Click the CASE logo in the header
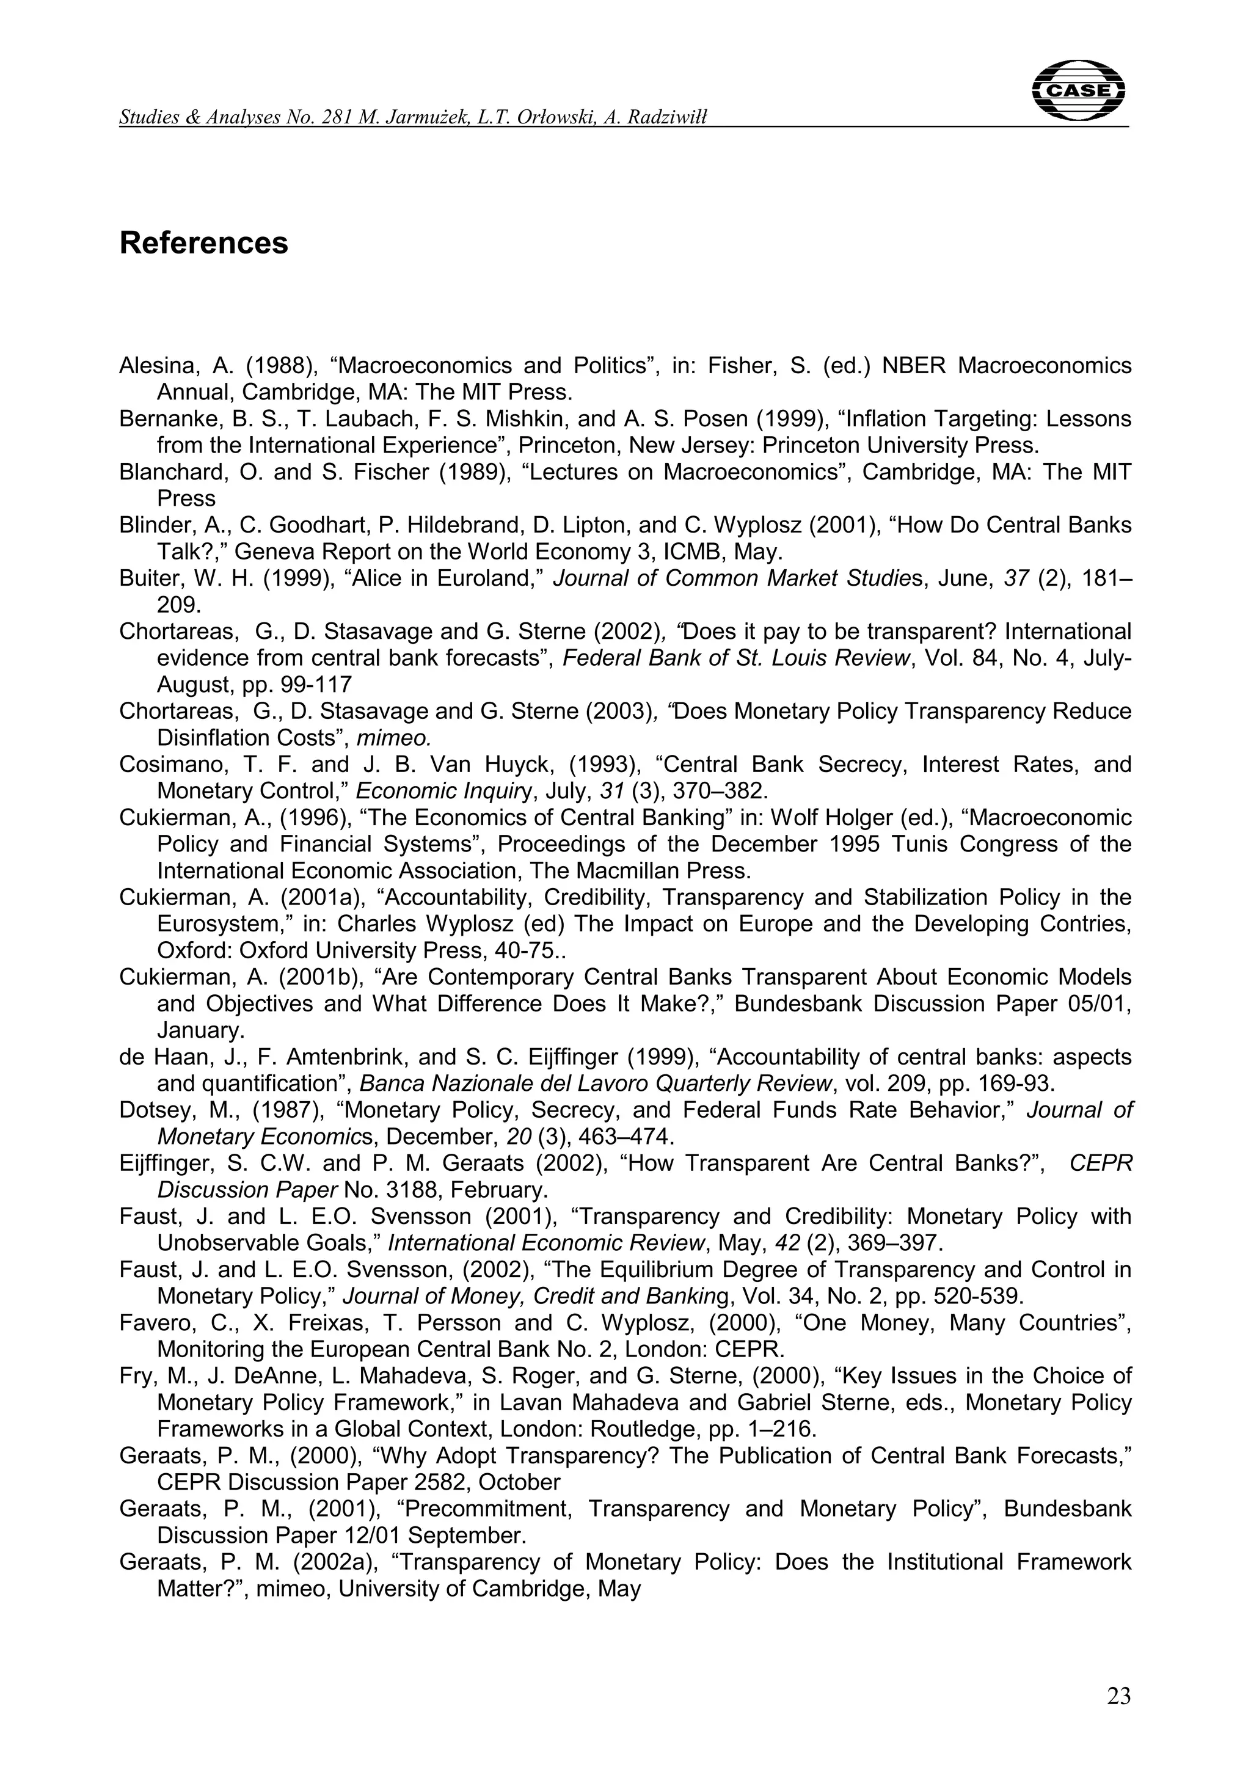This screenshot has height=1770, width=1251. coord(1078,90)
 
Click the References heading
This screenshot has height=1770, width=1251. coord(203,243)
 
